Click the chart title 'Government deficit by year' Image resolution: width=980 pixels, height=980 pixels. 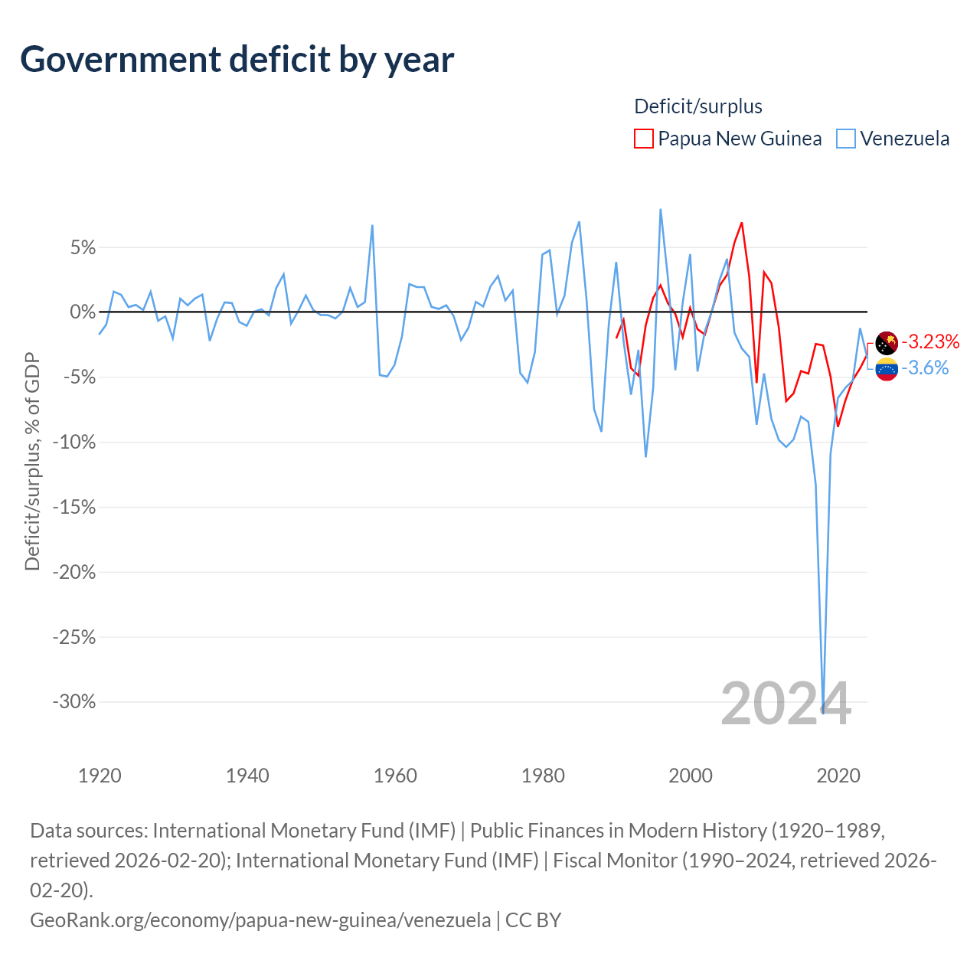pyautogui.click(x=237, y=60)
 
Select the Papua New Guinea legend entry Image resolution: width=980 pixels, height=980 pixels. pyautogui.click(x=727, y=139)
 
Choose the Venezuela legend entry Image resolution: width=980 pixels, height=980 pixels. pyautogui.click(x=893, y=139)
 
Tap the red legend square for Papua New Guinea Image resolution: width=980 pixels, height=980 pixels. pyautogui.click(x=643, y=139)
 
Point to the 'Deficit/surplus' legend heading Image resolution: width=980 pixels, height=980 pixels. pyautogui.click(x=697, y=106)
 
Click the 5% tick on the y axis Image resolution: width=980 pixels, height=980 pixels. pyautogui.click(x=83, y=247)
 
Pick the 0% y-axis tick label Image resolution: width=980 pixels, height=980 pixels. pyautogui.click(x=83, y=312)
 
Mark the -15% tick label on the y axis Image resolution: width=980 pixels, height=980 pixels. pyautogui.click(x=74, y=507)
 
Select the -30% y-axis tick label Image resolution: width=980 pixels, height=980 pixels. pyautogui.click(x=74, y=702)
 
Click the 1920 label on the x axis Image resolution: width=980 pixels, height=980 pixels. pyautogui.click(x=100, y=776)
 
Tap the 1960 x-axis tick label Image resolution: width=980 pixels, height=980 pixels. pyautogui.click(x=395, y=776)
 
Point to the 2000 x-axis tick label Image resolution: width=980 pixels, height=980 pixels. pyautogui.click(x=690, y=776)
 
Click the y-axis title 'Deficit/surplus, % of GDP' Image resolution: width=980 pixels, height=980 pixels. pyautogui.click(x=32, y=461)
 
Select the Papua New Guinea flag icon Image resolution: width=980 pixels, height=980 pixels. pyautogui.click(x=887, y=343)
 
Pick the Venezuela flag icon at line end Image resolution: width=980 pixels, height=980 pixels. pyautogui.click(x=887, y=369)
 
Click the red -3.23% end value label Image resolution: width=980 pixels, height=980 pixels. pyautogui.click(x=930, y=341)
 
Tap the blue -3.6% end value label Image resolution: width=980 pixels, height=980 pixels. pyautogui.click(x=925, y=367)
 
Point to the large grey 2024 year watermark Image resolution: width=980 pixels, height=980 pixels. pyautogui.click(x=786, y=704)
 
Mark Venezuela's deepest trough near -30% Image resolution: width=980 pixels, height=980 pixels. pyautogui.click(x=823, y=713)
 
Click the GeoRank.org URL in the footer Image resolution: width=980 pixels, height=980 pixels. pyautogui.click(x=260, y=920)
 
